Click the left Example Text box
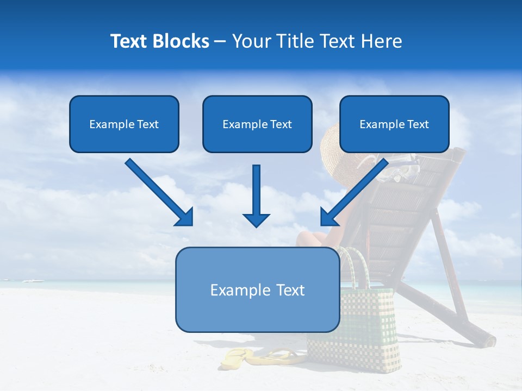pos(124,124)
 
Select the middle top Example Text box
pos(257,124)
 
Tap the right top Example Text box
pos(394,124)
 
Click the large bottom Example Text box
pos(257,289)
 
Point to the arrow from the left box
pos(158,191)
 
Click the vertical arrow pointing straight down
pos(256,195)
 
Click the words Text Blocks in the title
pos(159,41)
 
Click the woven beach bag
pos(359,326)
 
